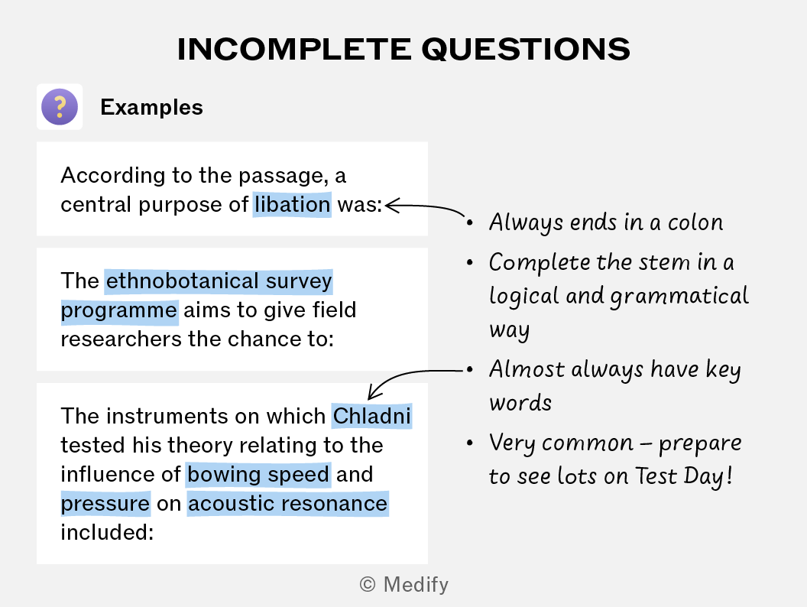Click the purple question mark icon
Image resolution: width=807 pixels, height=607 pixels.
[x=60, y=106]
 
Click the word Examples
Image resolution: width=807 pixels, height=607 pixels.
[x=152, y=107]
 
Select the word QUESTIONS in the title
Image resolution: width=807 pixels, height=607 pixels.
[x=526, y=50]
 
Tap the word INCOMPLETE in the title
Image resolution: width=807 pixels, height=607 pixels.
[x=294, y=50]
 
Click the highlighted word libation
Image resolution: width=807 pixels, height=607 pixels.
[x=292, y=204]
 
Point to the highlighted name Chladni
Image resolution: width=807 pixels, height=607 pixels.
[x=371, y=416]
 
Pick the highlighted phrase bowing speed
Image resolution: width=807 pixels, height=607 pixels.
[x=258, y=474]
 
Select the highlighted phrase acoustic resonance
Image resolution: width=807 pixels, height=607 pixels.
[x=287, y=503]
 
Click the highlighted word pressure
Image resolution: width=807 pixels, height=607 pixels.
[x=105, y=504]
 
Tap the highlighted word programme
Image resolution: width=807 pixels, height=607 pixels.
[x=119, y=310]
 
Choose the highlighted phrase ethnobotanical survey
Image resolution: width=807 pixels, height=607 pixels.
[x=219, y=281]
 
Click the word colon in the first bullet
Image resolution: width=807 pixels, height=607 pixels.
[x=695, y=222]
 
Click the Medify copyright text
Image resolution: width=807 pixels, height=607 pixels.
[x=404, y=584]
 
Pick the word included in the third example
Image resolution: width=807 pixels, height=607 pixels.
[x=107, y=532]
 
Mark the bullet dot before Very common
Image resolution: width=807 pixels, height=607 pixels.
[x=469, y=443]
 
